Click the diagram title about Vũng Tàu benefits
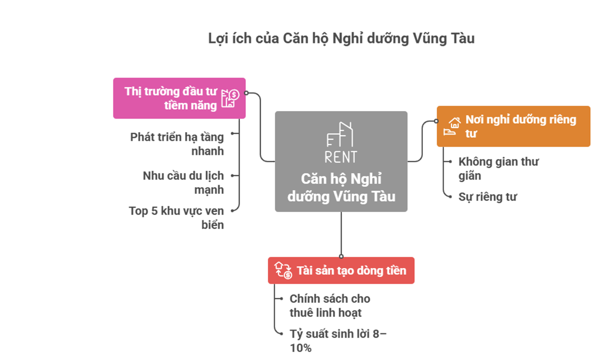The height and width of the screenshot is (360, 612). tap(341, 39)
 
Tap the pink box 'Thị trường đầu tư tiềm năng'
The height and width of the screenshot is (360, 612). tap(179, 98)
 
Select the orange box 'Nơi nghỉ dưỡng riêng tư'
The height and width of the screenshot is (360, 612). tap(513, 126)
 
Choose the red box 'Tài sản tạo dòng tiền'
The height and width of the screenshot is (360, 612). tap(341, 270)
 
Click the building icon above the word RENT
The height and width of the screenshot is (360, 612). tap(340, 135)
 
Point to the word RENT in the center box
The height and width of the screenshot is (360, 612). tap(341, 157)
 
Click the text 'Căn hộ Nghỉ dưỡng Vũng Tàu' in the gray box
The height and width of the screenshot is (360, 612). tap(341, 188)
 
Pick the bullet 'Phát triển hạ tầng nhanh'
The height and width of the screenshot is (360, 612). tap(177, 144)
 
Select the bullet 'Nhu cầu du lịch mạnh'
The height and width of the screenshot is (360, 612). tap(183, 182)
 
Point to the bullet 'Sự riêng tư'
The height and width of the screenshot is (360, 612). tap(487, 197)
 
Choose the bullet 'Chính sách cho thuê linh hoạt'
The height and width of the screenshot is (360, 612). tap(330, 305)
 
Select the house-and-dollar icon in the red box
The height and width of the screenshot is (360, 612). tap(283, 270)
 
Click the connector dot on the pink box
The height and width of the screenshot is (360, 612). tap(246, 94)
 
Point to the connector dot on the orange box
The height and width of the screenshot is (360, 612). tap(436, 121)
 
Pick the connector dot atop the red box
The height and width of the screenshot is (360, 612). tap(341, 257)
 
